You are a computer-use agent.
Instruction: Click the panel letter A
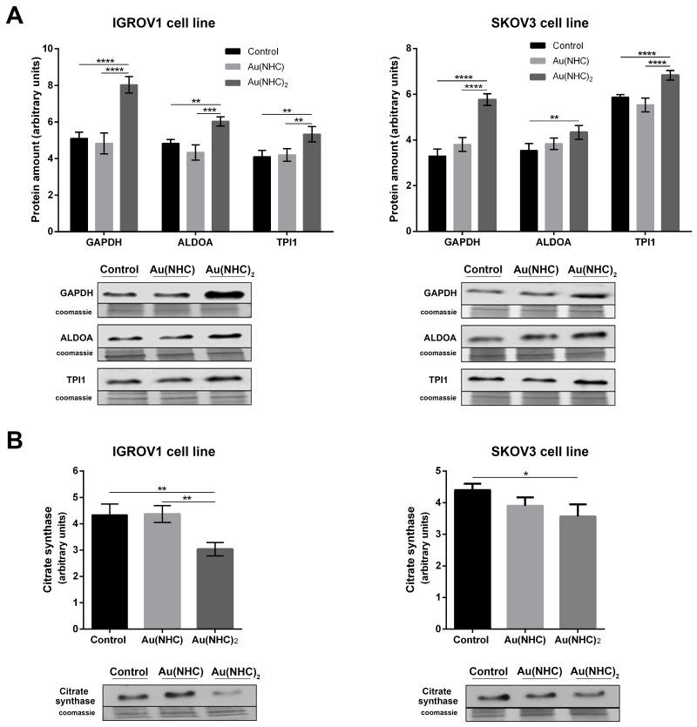(16, 17)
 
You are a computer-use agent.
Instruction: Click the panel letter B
(16, 438)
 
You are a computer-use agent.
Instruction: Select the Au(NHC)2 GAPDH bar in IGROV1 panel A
(129, 158)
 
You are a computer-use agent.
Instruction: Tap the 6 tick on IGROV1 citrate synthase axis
(60, 471)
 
